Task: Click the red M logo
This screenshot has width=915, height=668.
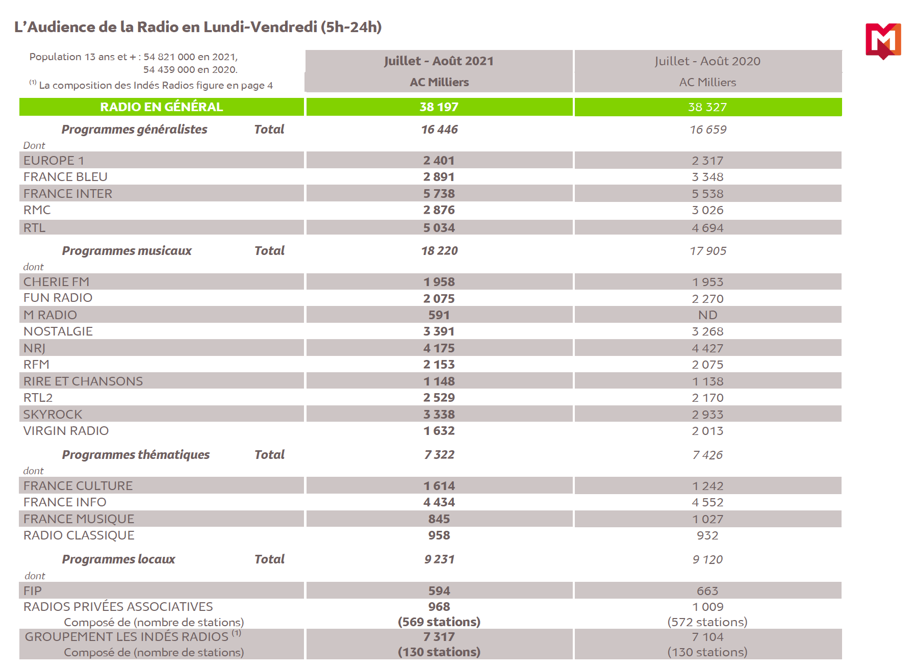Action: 883,41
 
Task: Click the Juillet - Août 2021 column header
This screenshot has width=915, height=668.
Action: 439,61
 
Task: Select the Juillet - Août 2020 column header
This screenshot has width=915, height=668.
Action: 707,61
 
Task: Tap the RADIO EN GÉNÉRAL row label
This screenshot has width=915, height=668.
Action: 161,107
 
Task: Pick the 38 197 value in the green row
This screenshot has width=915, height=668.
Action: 439,107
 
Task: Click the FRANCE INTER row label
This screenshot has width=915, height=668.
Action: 68,194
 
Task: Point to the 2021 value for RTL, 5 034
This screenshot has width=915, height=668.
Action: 439,228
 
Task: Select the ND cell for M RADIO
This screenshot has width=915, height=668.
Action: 707,315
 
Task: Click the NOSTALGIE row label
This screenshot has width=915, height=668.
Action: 58,331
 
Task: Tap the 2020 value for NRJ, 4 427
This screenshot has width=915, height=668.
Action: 707,348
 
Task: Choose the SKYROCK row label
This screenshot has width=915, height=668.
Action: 53,415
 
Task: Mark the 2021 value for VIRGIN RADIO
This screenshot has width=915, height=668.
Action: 439,431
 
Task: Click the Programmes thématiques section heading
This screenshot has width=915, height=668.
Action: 136,455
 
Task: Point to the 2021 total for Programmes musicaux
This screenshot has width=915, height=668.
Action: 439,251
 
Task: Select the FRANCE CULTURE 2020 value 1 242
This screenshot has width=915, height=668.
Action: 707,486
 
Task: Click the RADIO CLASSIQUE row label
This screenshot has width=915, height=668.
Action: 79,535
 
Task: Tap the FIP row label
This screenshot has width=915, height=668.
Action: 33,591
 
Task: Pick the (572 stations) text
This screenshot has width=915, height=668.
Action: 707,622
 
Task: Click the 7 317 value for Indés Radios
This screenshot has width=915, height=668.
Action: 439,637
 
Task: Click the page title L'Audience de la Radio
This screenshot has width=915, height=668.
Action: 198,27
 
